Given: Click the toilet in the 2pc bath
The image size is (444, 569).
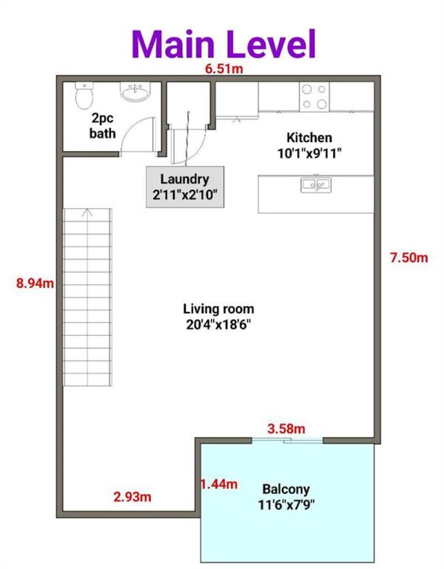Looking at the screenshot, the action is [x=85, y=95].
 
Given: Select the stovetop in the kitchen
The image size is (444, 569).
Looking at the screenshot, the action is [x=314, y=97].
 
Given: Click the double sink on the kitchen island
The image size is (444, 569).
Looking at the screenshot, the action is [x=316, y=185].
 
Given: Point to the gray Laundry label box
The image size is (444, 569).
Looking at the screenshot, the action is [x=185, y=187].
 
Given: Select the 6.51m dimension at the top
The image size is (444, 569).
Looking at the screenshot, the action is [x=224, y=68].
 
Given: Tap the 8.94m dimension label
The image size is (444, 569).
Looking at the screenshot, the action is [x=35, y=283].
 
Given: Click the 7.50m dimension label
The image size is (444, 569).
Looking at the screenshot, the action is [x=409, y=258].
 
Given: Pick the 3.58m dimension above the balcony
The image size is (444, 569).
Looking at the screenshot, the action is [x=286, y=428].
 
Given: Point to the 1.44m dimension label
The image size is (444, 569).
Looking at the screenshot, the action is [x=219, y=484].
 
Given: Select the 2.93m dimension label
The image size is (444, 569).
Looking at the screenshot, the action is [x=132, y=496].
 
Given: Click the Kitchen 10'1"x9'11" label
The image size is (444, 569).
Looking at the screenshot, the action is [x=309, y=145].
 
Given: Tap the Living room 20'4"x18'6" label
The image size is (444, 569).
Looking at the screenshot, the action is [x=218, y=317].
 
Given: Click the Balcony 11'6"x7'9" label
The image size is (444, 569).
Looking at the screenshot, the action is [x=286, y=497].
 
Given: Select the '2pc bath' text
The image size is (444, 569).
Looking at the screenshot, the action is [x=103, y=125].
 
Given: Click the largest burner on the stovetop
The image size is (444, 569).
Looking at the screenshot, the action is [x=322, y=104].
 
